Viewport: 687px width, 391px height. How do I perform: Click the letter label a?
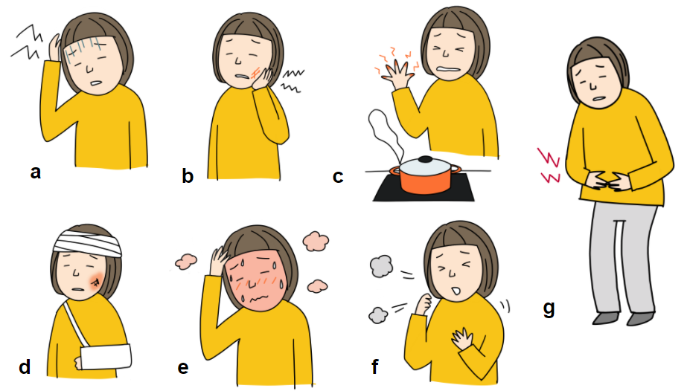pyautogui.click(x=36, y=172)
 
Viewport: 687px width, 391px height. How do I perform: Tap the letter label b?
pyautogui.click(x=188, y=176)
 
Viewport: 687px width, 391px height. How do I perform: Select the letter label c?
pyautogui.click(x=338, y=177)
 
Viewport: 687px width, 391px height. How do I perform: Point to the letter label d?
pyautogui.click(x=25, y=366)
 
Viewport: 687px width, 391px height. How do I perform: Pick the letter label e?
pyautogui.click(x=183, y=368)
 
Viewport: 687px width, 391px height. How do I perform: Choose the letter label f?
pyautogui.click(x=375, y=366)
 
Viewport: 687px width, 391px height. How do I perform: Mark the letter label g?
pyautogui.click(x=549, y=308)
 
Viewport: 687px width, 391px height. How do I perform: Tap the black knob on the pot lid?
pyautogui.click(x=424, y=159)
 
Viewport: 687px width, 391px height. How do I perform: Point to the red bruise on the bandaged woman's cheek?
pyautogui.click(x=96, y=280)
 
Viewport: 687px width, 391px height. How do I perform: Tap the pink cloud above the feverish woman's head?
pyautogui.click(x=316, y=242)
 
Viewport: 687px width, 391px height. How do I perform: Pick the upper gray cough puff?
pyautogui.click(x=381, y=267)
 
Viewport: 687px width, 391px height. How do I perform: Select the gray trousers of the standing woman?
pyautogui.click(x=622, y=258)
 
